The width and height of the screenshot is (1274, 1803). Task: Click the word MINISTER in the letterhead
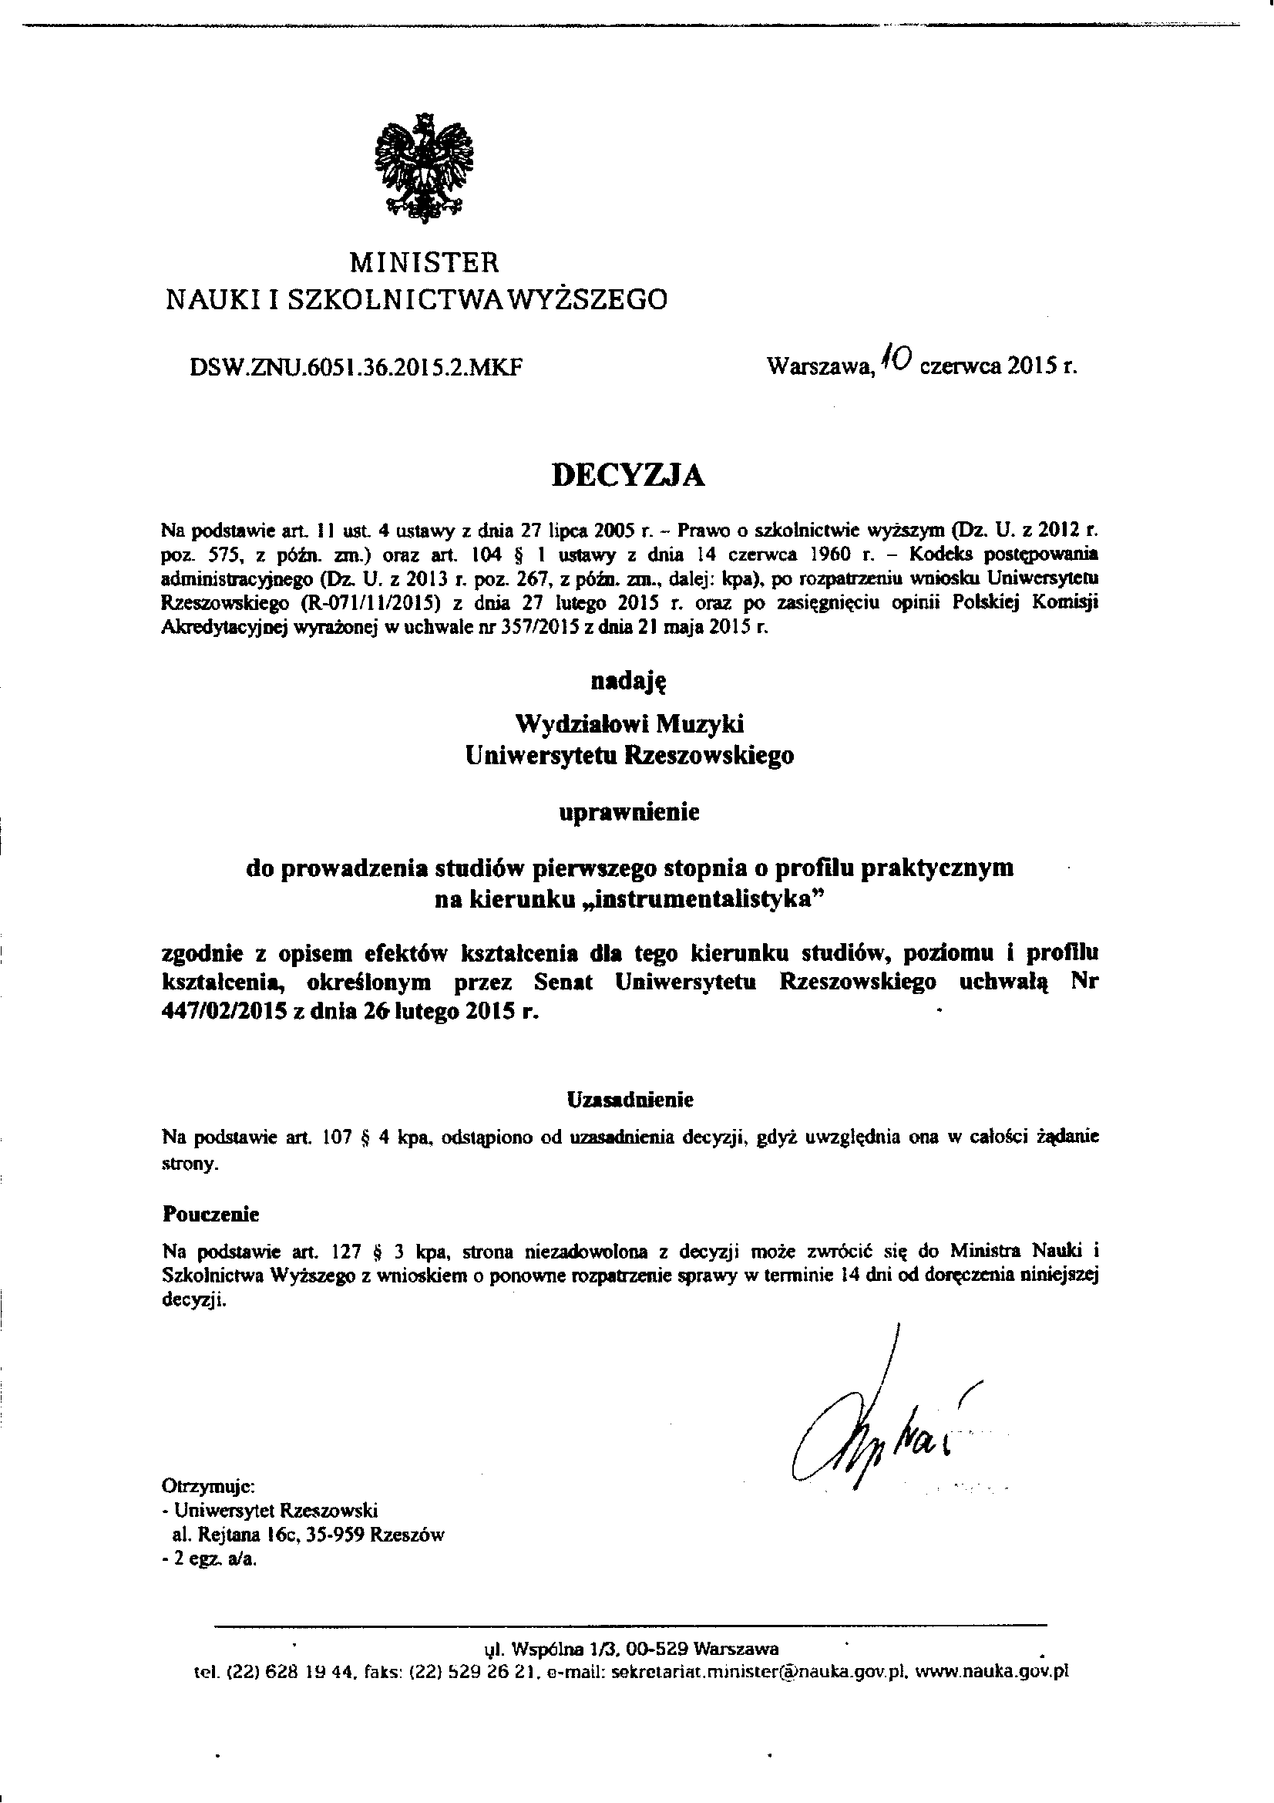[x=424, y=261]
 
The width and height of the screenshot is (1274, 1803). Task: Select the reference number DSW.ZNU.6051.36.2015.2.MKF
[x=357, y=367]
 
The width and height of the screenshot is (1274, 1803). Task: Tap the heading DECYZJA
[x=629, y=475]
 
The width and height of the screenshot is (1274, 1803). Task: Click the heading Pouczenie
[x=210, y=1214]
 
